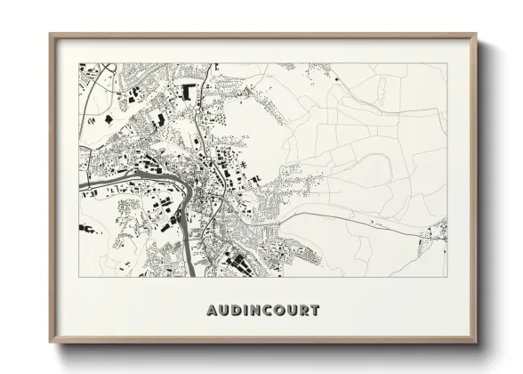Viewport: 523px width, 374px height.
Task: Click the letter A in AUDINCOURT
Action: [x=211, y=311]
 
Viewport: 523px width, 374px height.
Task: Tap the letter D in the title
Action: [x=236, y=311]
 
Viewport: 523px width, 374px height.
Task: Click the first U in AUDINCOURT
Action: [x=223, y=311]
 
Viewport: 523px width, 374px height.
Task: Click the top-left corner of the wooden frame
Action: [x=51, y=35]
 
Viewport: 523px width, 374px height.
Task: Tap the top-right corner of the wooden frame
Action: [x=478, y=35]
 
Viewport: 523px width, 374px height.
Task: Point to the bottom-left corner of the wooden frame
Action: [x=51, y=344]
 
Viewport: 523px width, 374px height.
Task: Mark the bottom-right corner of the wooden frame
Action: [x=478, y=344]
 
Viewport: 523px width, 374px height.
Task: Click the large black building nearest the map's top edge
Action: [x=188, y=90]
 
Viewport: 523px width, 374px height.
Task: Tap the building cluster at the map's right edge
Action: [x=435, y=233]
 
